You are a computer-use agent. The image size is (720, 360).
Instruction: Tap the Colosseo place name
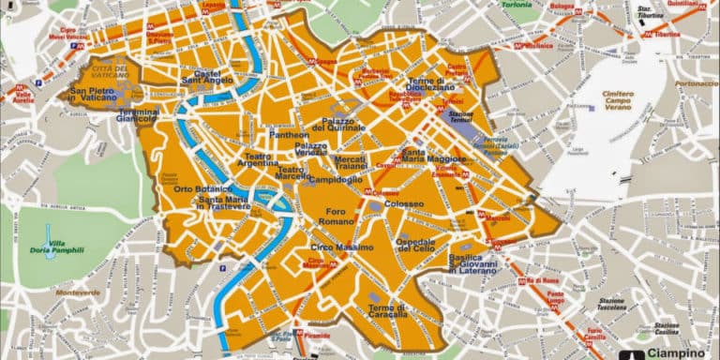point(404,203)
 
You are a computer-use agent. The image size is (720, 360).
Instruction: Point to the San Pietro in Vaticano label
point(103,95)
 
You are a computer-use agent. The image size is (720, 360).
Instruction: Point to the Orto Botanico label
point(196,190)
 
